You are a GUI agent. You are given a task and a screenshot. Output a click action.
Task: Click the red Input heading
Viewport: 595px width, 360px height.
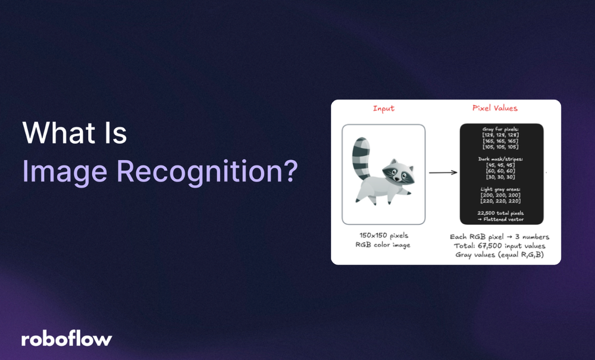pyautogui.click(x=383, y=108)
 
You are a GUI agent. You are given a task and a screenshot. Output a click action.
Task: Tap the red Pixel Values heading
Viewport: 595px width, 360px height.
pyautogui.click(x=494, y=108)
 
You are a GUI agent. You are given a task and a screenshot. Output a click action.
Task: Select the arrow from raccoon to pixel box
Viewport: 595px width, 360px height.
pyautogui.click(x=443, y=173)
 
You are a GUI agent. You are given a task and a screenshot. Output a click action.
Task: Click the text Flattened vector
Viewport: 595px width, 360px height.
pyautogui.click(x=505, y=220)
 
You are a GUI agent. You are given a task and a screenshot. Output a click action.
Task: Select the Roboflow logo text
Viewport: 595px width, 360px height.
pyautogui.click(x=67, y=339)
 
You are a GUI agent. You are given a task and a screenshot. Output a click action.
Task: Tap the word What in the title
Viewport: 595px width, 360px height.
pyautogui.click(x=57, y=134)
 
